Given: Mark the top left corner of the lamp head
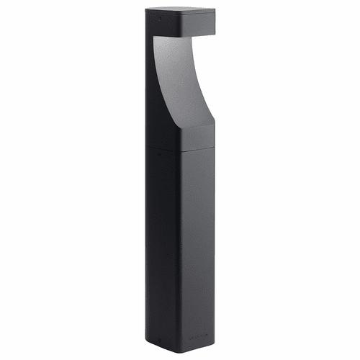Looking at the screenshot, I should click(x=146, y=9).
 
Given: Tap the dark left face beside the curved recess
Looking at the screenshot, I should click(x=158, y=86).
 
